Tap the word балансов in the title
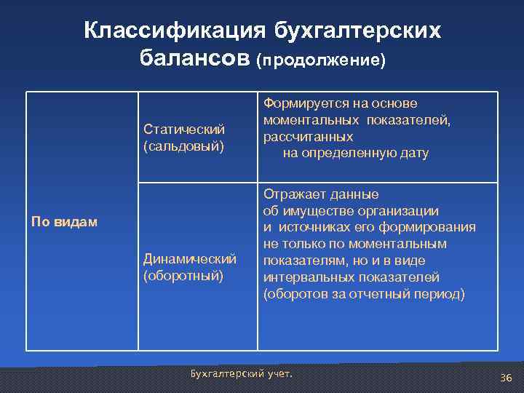tap(194, 59)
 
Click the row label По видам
tap(64, 221)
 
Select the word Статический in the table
tap(183, 130)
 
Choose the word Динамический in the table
tap(190, 259)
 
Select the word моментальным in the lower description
tap(418, 244)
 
